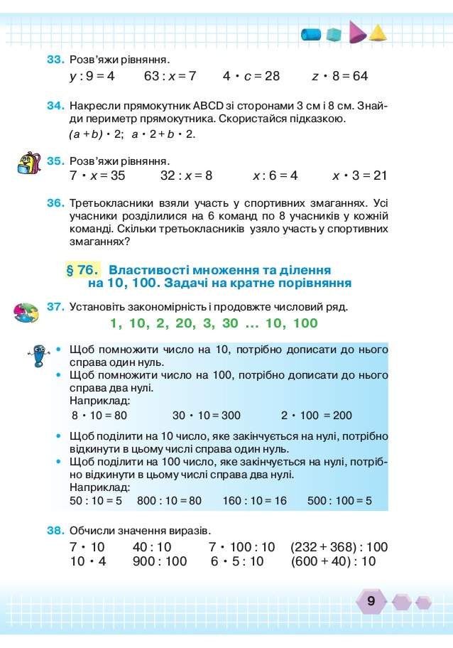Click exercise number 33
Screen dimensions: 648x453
56,58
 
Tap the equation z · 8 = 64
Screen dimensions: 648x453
340,75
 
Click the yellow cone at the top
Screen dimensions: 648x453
378,33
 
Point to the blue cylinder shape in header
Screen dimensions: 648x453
311,34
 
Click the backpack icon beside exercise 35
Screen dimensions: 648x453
28,163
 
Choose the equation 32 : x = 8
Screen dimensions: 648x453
186,175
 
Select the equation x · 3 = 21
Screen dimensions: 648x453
359,175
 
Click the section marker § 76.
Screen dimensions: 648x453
82,270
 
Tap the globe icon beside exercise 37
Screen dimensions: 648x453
27,313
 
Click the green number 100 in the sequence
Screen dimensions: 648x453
305,324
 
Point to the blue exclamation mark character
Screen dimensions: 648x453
38,355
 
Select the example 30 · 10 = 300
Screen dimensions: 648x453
206,416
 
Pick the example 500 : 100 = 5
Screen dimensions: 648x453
339,501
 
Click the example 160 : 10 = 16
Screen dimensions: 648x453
254,501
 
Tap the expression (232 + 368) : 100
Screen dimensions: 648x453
339,547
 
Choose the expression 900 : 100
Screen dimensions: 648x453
160,561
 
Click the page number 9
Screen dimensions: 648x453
371,601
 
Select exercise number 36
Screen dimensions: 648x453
56,203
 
